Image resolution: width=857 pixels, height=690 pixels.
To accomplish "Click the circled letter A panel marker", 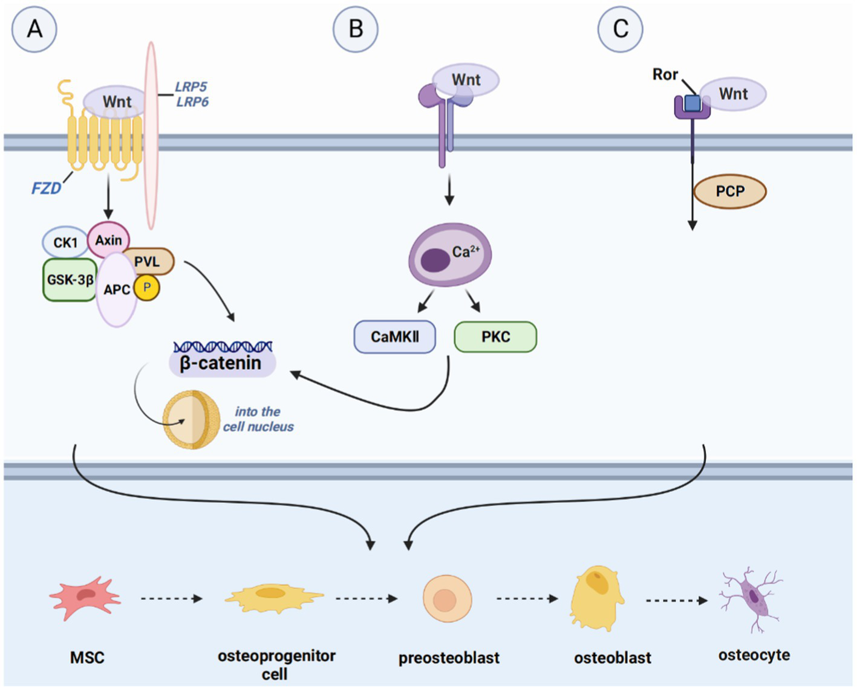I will coord(34,29).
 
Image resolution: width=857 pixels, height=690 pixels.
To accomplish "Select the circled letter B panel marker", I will coord(356,29).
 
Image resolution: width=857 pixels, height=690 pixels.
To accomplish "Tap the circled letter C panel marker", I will coord(621,29).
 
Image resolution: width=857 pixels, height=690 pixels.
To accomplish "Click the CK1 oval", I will coord(65,242).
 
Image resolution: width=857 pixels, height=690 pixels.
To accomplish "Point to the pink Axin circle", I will coord(109,240).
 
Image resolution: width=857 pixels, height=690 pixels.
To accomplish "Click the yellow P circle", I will coord(147,288).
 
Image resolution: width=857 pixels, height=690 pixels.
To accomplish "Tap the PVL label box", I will coord(149,262).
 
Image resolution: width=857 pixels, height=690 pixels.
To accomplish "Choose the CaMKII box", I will coord(394,337).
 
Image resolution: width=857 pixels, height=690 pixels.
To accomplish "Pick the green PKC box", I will coord(495,337).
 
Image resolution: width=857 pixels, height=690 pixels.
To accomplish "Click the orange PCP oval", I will coord(730,192).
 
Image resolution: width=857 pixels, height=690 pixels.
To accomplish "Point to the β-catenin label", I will coord(221,363).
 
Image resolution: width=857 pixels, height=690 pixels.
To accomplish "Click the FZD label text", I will coord(47,189).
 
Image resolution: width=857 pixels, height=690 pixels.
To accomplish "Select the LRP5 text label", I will coord(191,87).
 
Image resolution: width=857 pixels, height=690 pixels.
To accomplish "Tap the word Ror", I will coord(665,74).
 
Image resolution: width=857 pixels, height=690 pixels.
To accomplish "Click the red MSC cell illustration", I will coord(85,598).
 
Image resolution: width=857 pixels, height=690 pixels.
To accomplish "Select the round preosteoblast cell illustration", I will coord(447,599).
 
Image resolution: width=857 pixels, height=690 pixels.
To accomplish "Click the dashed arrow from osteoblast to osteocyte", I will coord(677,601).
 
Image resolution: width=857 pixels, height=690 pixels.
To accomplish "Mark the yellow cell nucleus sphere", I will coord(191,420).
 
